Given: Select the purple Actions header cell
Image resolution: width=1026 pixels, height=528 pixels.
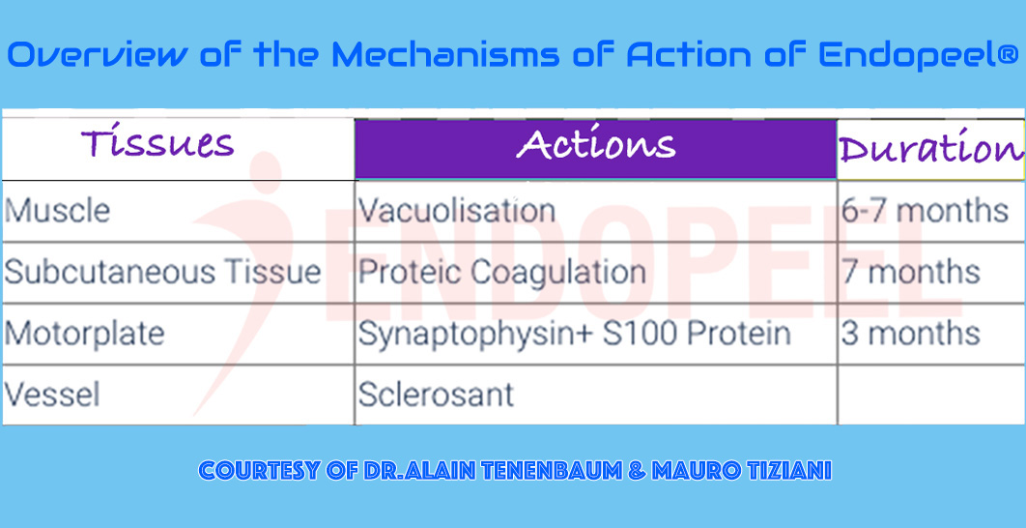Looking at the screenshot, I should [595, 146].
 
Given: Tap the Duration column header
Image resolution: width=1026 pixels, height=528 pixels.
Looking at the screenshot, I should [929, 149].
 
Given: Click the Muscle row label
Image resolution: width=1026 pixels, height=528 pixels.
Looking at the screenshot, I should [57, 210].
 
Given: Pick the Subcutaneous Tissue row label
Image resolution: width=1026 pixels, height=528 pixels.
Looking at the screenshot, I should [162, 272].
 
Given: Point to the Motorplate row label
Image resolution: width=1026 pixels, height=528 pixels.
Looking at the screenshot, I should [84, 334].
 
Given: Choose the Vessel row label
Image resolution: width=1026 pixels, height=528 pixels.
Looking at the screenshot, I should [52, 395].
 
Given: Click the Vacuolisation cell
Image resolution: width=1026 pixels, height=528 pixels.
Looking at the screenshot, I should [456, 210].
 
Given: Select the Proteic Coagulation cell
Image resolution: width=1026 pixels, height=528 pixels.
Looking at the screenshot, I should [501, 272].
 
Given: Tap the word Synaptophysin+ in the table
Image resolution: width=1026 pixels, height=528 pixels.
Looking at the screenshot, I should [463, 335].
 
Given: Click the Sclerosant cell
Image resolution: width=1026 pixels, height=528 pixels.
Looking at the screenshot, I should [436, 395].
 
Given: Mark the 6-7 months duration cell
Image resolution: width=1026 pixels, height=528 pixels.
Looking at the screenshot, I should [925, 210].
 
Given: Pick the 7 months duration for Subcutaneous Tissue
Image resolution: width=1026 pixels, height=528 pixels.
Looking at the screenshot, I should [910, 272].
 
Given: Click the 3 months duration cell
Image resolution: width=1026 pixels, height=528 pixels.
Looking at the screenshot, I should [910, 334].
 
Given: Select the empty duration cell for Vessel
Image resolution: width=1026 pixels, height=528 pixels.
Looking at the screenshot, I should [929, 395].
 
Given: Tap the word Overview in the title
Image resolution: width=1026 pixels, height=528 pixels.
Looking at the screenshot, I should [97, 55].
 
